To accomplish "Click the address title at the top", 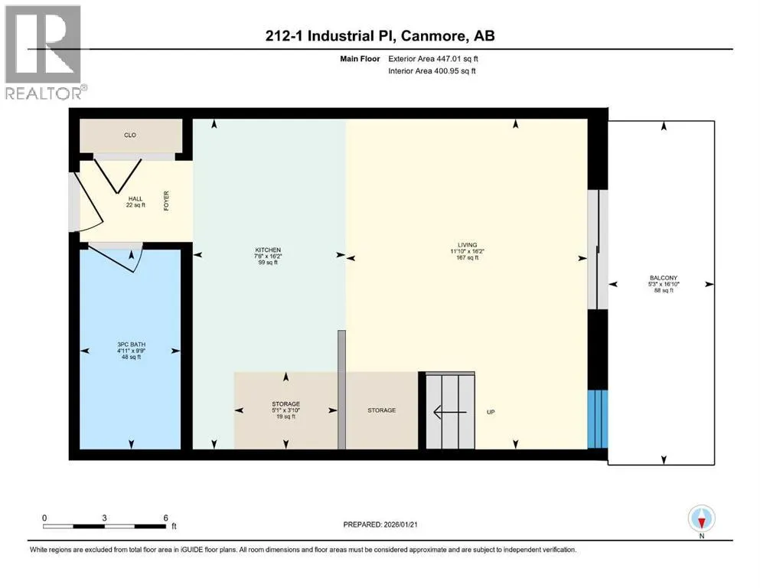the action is point(380,36).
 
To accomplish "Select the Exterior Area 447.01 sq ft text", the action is point(433,59).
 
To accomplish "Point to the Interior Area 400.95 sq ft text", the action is point(432,70).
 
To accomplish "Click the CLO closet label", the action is point(130,135).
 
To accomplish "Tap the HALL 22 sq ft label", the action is point(135,201).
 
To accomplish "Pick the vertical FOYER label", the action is point(166,201).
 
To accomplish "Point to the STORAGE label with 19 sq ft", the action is point(286,410).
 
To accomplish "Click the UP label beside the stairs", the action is point(491,412).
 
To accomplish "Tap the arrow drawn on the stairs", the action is point(450,412).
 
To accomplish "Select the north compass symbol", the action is point(701,518).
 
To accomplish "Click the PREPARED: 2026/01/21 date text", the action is point(380,524).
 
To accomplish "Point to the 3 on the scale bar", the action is point(104,518).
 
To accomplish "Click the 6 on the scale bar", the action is point(166,518).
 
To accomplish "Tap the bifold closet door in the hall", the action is point(118,175).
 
